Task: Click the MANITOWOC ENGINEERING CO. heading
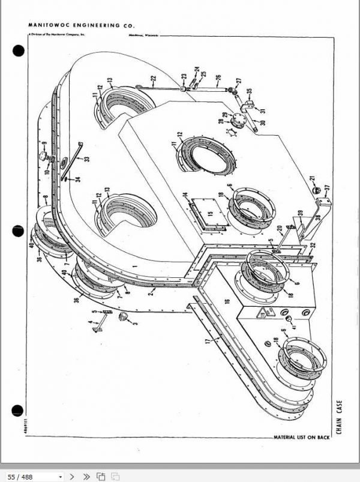[x=82, y=26]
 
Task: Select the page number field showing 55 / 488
[x=33, y=476]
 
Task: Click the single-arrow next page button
[x=71, y=476]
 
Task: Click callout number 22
[x=152, y=78]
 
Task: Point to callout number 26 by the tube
[x=218, y=77]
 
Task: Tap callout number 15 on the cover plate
[x=211, y=214]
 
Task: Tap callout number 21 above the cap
[x=312, y=178]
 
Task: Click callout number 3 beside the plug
[x=135, y=324]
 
